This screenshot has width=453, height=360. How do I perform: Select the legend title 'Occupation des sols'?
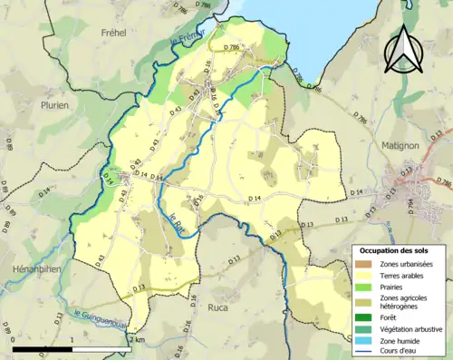(x=395, y=250)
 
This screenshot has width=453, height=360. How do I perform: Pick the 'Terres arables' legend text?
(x=404, y=276)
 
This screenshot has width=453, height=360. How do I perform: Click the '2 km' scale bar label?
(x=137, y=339)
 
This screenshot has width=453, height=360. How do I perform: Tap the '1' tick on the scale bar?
(x=72, y=339)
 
